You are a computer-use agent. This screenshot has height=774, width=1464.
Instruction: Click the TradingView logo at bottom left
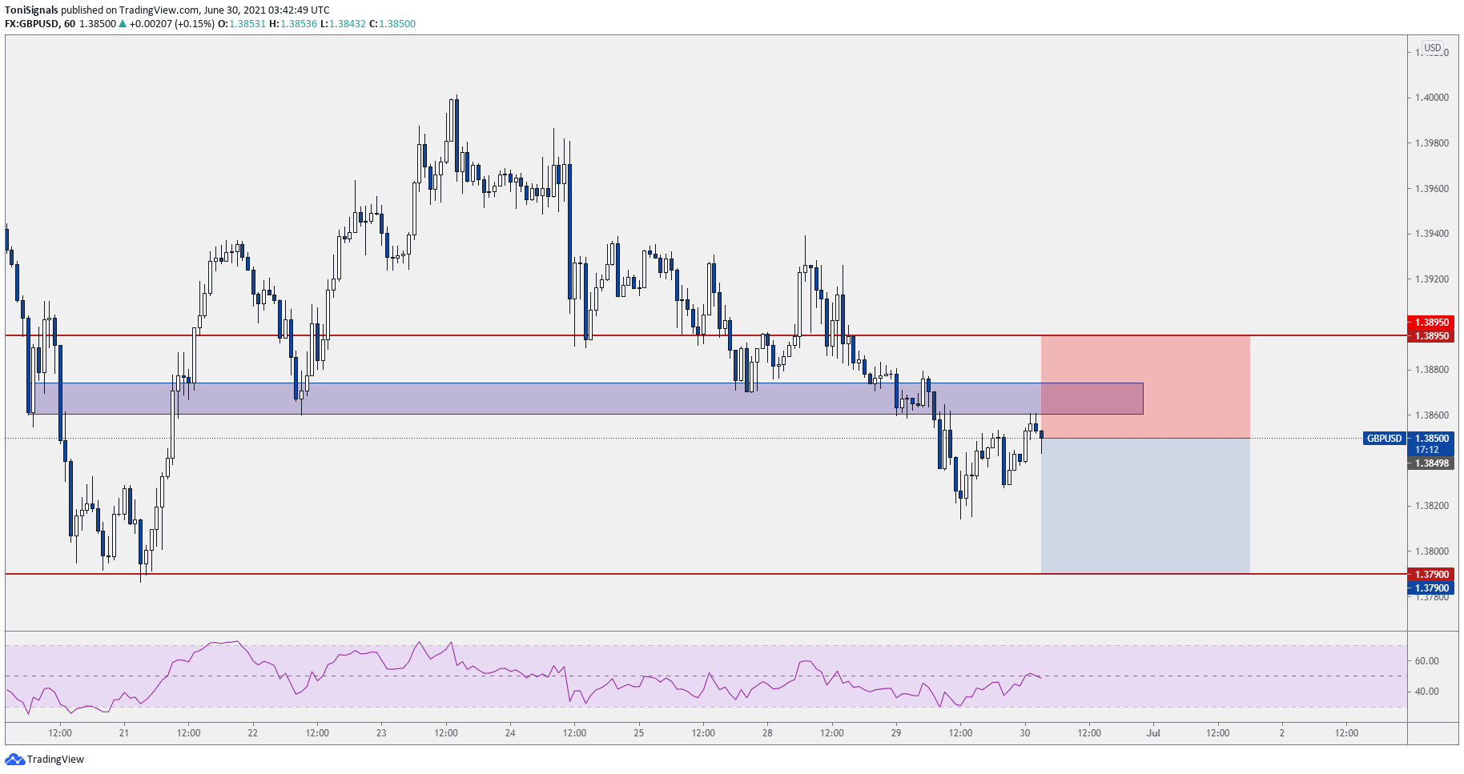pyautogui.click(x=45, y=759)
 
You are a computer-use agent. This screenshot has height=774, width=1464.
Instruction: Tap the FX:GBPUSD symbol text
pyautogui.click(x=31, y=24)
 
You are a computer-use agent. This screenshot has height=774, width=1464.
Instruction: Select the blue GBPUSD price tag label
pyautogui.click(x=1384, y=439)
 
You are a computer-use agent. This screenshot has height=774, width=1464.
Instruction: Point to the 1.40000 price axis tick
pyautogui.click(x=1431, y=98)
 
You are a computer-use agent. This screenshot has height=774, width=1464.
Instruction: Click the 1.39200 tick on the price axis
pyautogui.click(x=1431, y=279)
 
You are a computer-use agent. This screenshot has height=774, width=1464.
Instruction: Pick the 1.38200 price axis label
pyautogui.click(x=1431, y=506)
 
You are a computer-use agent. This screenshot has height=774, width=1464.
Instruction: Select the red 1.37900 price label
pyautogui.click(x=1431, y=575)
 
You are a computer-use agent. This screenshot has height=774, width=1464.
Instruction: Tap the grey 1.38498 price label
pyautogui.click(x=1431, y=463)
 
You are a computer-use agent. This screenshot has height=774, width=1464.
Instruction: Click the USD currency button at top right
pyautogui.click(x=1432, y=48)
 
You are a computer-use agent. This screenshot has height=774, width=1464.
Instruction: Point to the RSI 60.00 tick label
pyautogui.click(x=1426, y=661)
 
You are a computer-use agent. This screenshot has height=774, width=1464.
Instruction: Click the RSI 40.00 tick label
pyautogui.click(x=1426, y=692)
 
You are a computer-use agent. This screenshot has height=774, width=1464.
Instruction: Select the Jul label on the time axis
pyautogui.click(x=1153, y=733)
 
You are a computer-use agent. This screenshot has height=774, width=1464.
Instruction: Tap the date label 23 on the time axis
pyautogui.click(x=381, y=733)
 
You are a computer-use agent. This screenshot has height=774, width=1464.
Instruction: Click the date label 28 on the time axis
pyautogui.click(x=767, y=733)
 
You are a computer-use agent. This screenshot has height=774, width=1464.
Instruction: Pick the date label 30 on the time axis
pyautogui.click(x=1024, y=733)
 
